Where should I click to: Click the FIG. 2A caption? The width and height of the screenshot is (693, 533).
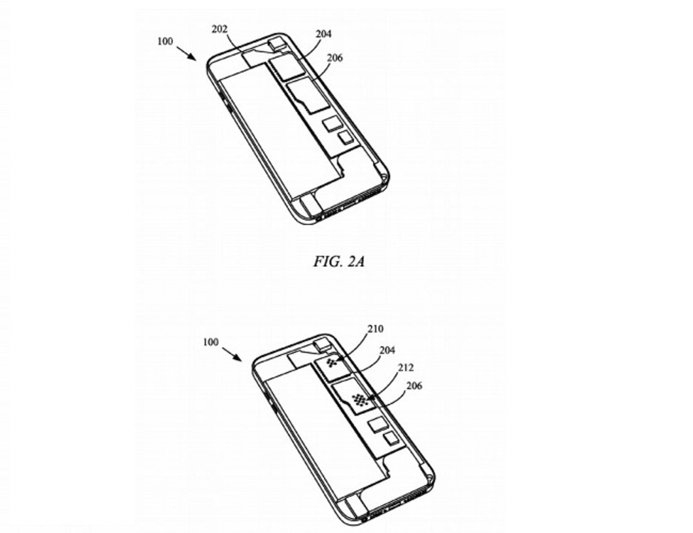[x=339, y=261]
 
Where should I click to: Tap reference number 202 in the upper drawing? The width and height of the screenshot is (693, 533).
[x=219, y=29]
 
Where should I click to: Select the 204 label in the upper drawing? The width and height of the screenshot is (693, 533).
[x=323, y=34]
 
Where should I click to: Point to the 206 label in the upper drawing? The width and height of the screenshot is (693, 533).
[x=335, y=58]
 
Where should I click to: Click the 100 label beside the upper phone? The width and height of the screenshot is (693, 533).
[x=165, y=41]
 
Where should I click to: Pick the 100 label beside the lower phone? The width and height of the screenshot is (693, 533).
[x=211, y=342]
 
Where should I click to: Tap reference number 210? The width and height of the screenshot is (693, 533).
[x=376, y=329]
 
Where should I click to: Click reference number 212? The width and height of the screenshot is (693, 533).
[x=406, y=368]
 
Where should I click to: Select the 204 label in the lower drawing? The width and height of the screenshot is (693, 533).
[x=387, y=350]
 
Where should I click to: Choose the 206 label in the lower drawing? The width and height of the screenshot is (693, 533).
[x=414, y=386]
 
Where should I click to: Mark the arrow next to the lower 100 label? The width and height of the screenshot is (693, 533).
[x=232, y=354]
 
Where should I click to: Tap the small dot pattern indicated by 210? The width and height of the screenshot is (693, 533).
[x=332, y=362]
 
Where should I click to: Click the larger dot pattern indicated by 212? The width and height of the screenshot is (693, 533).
[x=359, y=399]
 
